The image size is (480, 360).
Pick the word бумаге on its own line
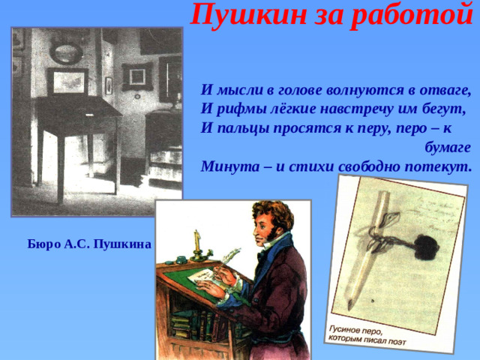(447, 147)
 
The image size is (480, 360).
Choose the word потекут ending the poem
(439, 166)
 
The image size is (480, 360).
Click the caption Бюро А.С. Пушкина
(89, 244)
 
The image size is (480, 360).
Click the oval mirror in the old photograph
(65, 52)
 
